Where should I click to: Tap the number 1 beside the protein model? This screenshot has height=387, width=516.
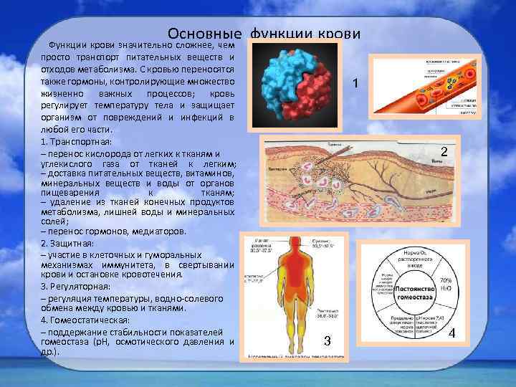(x=355, y=85)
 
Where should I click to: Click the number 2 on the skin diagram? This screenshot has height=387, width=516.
(x=444, y=152)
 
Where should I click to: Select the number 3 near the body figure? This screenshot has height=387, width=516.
(x=327, y=340)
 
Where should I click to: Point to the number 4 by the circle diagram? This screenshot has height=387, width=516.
(x=451, y=333)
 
